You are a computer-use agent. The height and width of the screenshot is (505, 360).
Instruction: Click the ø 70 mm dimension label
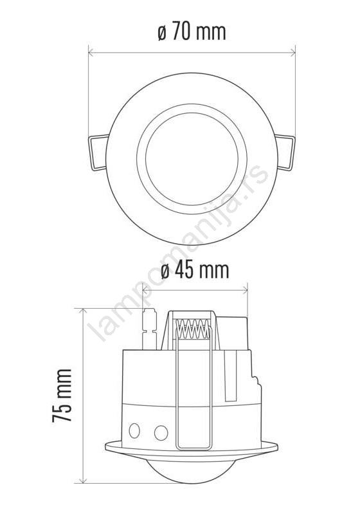(192, 32)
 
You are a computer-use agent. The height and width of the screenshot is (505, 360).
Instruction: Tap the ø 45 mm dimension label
(195, 270)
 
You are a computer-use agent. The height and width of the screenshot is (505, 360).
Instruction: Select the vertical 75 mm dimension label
(62, 396)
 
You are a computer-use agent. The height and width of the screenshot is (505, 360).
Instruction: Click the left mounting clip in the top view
(98, 152)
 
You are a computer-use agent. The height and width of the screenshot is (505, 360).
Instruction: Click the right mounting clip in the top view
(285, 152)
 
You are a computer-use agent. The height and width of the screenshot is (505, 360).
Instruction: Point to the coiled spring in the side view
(193, 329)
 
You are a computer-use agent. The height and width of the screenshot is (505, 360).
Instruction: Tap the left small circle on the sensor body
(134, 430)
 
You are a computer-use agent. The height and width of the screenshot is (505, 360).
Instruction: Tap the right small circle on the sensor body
(161, 433)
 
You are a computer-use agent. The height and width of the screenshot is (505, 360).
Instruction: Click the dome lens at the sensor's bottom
(191, 470)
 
